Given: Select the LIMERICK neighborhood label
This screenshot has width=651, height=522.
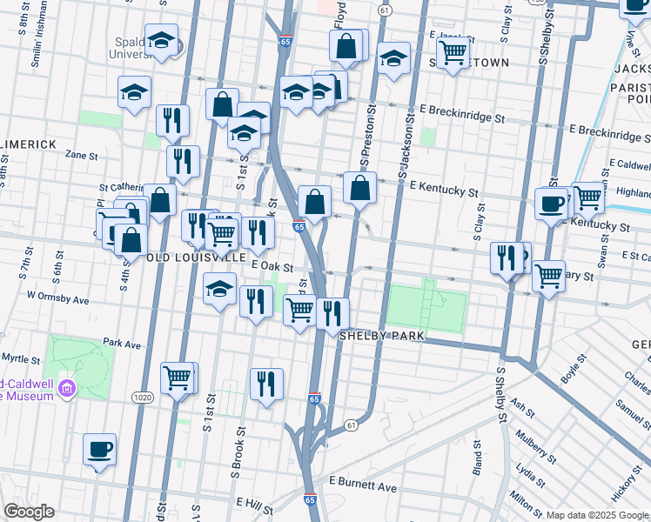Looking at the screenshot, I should (28, 144).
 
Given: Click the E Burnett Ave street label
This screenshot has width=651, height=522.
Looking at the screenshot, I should (362, 487).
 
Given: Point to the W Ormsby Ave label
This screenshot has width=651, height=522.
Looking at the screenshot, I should (58, 298).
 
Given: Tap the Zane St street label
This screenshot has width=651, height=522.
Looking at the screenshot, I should (81, 155).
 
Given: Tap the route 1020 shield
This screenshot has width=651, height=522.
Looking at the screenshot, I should (143, 397).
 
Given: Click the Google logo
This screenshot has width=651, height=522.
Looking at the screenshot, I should (28, 512).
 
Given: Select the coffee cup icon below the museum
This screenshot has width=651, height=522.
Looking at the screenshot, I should (98, 449).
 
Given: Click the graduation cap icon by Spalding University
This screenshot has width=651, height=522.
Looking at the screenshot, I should (161, 40).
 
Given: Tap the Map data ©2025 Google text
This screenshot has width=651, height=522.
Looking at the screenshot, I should (597, 515).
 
